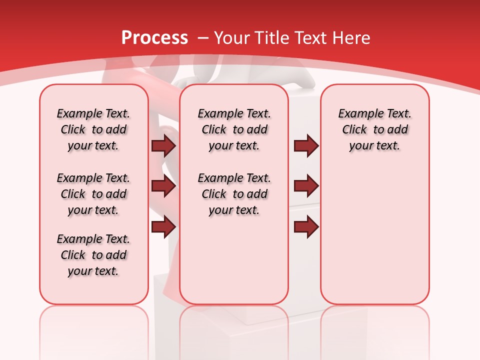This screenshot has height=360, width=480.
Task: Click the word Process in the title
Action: tap(154, 37)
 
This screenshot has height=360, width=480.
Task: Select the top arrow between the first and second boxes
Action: tap(163, 146)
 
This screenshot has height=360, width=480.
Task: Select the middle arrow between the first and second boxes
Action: tap(163, 186)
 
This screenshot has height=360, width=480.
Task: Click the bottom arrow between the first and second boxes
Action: tap(163, 226)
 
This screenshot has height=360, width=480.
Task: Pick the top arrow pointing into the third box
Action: tap(306, 146)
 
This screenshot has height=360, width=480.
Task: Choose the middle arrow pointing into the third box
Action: tap(306, 186)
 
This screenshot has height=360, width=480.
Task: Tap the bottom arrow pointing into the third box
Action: tap(306, 226)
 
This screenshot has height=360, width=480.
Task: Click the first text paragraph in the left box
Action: tap(93, 129)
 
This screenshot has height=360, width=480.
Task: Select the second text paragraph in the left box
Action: tap(93, 194)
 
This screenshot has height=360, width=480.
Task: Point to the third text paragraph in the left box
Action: tap(93, 255)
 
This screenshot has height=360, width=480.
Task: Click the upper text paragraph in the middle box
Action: tap(234, 129)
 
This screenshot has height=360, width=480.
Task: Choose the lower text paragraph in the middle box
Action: tap(234, 194)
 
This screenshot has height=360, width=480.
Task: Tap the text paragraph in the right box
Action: tap(374, 129)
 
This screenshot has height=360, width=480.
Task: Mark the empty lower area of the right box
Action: tap(374, 235)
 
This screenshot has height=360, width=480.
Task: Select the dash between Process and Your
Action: tap(203, 38)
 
